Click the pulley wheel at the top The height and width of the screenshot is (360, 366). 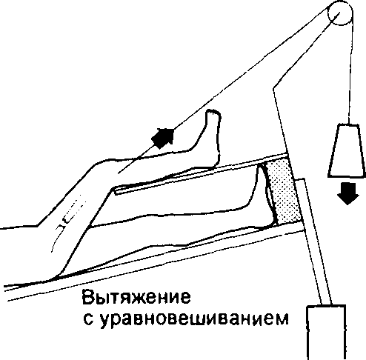(340, 13)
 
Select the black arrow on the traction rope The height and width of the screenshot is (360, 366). (163, 138)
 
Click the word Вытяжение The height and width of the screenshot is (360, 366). (136, 297)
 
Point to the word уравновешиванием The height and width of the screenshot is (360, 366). (194, 319)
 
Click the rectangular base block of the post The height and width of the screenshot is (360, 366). (326, 333)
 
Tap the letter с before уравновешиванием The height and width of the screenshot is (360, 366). (88, 319)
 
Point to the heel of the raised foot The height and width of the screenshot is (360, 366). (216, 161)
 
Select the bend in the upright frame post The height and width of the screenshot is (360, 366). (273, 89)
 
